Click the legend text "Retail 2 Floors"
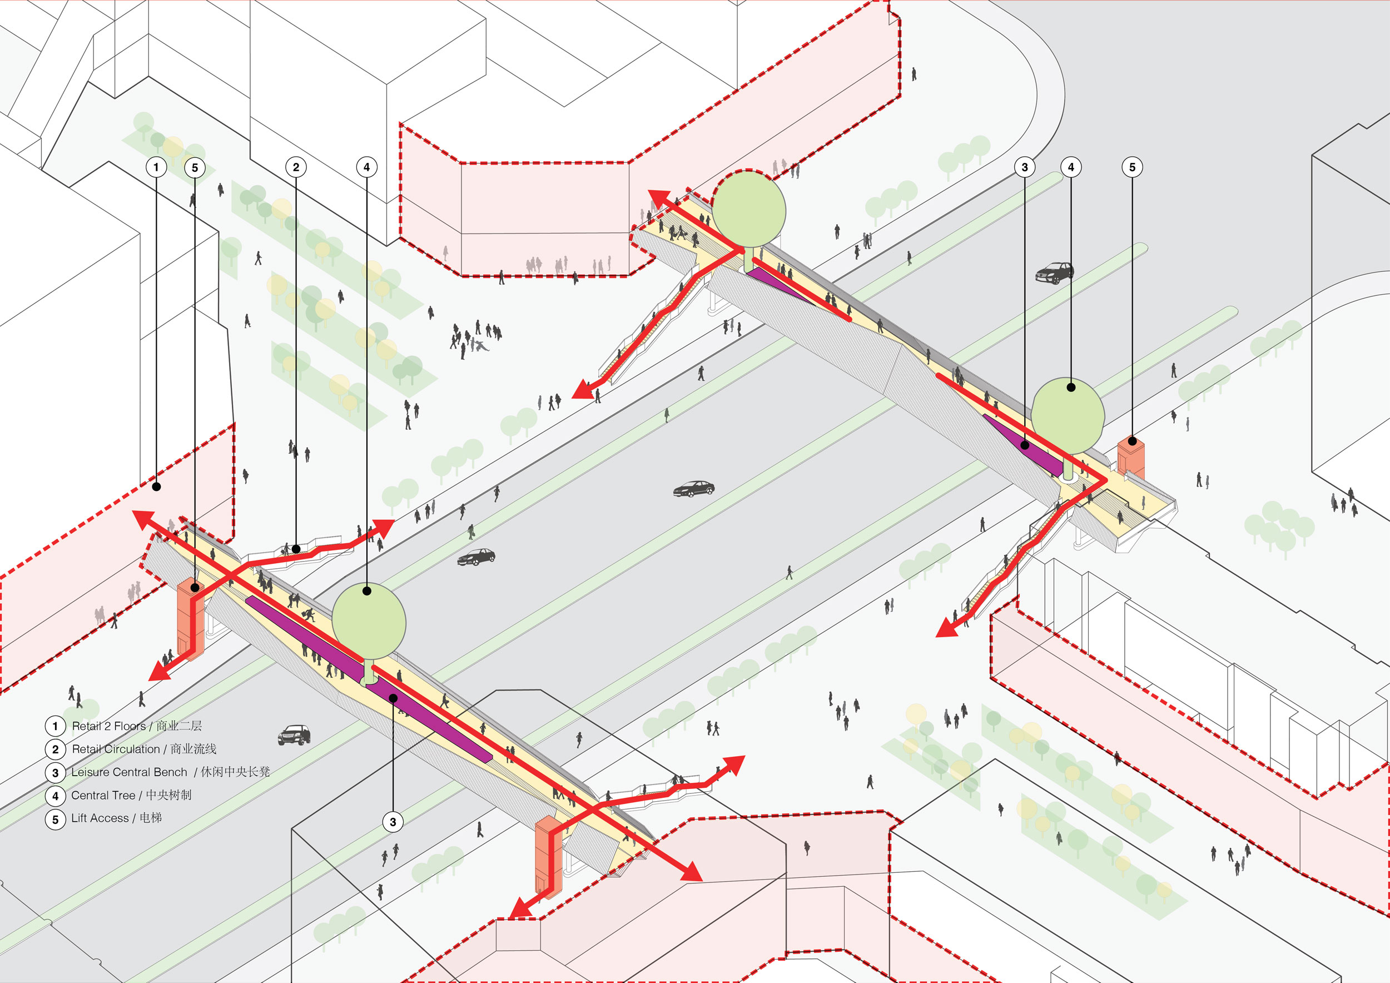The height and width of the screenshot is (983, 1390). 109,726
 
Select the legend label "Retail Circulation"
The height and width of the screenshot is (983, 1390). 116,749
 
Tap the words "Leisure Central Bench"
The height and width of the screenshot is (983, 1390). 129,772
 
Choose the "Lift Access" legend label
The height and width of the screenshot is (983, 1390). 100,818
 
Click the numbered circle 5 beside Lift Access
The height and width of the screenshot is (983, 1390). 55,820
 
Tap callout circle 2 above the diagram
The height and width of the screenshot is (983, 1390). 296,167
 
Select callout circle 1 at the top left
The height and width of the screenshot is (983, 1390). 156,167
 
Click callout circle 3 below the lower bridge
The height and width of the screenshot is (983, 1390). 393,822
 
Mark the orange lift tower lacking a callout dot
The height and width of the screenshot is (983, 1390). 548,853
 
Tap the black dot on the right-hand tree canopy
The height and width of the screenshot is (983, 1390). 1071,388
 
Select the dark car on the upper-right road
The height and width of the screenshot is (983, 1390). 1054,273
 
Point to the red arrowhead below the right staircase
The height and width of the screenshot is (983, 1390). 946,629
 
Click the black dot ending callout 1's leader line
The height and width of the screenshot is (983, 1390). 156,486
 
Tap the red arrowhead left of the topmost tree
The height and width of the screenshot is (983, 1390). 659,197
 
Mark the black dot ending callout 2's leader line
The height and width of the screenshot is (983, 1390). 296,549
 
